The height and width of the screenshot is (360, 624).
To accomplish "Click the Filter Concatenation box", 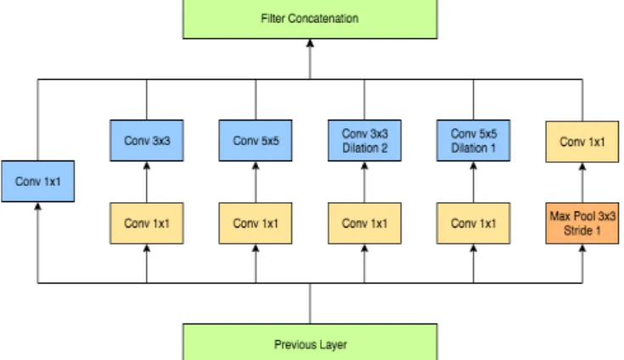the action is (x=310, y=19).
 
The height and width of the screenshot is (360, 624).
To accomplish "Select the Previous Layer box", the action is (x=310, y=342).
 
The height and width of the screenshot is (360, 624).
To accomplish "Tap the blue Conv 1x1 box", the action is (x=38, y=182).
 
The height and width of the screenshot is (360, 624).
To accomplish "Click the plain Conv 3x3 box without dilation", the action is (x=147, y=140).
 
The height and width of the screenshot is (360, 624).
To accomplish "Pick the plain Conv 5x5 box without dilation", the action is (x=256, y=140).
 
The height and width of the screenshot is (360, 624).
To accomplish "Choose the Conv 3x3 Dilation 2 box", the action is (x=364, y=140).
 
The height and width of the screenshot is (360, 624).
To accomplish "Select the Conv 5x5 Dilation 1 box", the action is (x=474, y=140).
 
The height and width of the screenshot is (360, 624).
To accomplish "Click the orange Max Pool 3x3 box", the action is (x=582, y=223).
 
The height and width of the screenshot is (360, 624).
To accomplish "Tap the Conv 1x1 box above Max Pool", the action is (x=582, y=142).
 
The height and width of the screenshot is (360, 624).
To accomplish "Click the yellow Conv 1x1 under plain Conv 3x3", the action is (x=147, y=223).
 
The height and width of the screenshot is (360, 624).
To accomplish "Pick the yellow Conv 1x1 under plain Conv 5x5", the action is (x=256, y=223).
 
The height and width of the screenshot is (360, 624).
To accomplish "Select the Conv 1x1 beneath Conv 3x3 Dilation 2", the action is (x=364, y=223).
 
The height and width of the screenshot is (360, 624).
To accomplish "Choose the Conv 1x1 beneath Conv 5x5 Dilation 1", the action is (x=474, y=223).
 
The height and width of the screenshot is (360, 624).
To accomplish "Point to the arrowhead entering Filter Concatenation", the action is (x=310, y=43).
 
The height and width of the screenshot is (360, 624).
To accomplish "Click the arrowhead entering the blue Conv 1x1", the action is (x=38, y=206).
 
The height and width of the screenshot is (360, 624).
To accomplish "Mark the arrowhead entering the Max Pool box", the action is (x=582, y=248).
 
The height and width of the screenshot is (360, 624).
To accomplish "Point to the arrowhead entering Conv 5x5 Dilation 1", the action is (x=474, y=166).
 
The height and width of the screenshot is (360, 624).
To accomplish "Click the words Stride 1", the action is (x=582, y=231).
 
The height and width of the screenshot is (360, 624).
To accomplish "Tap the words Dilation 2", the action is (x=364, y=148).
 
